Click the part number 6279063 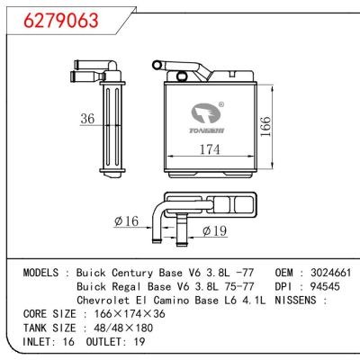(56, 21)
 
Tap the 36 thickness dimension (87, 118)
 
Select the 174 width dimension (210, 149)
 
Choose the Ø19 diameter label (212, 231)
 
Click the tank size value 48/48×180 (118, 330)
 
